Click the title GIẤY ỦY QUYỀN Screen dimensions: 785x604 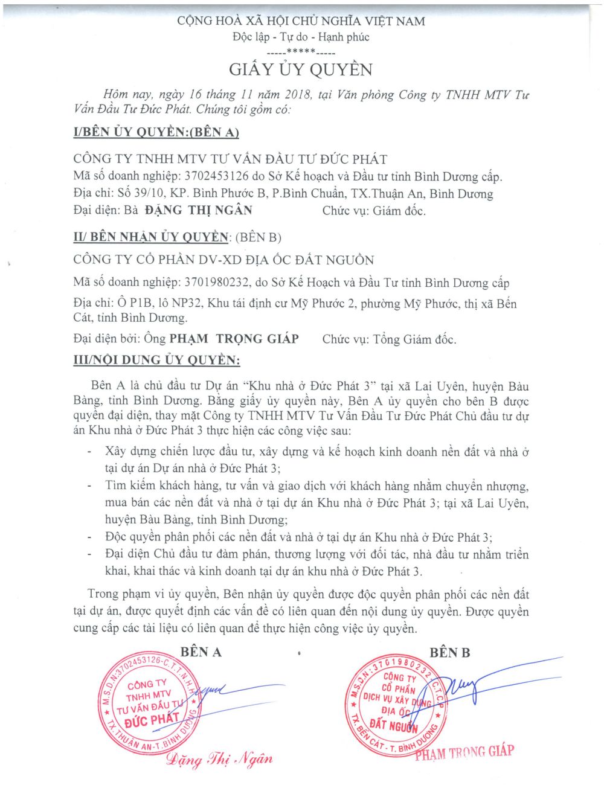coord(301,69)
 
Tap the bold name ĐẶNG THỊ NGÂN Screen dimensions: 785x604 coord(199,210)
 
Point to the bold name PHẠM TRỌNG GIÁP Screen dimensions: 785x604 coord(234,339)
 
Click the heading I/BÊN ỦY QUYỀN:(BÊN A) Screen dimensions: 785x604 coord(156,132)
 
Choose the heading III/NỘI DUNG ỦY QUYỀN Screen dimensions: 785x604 coord(156,360)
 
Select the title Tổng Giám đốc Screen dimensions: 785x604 coord(414,339)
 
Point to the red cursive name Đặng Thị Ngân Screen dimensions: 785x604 coord(220,759)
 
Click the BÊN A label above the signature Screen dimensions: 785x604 coord(201,652)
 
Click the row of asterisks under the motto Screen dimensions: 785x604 coord(301,52)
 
